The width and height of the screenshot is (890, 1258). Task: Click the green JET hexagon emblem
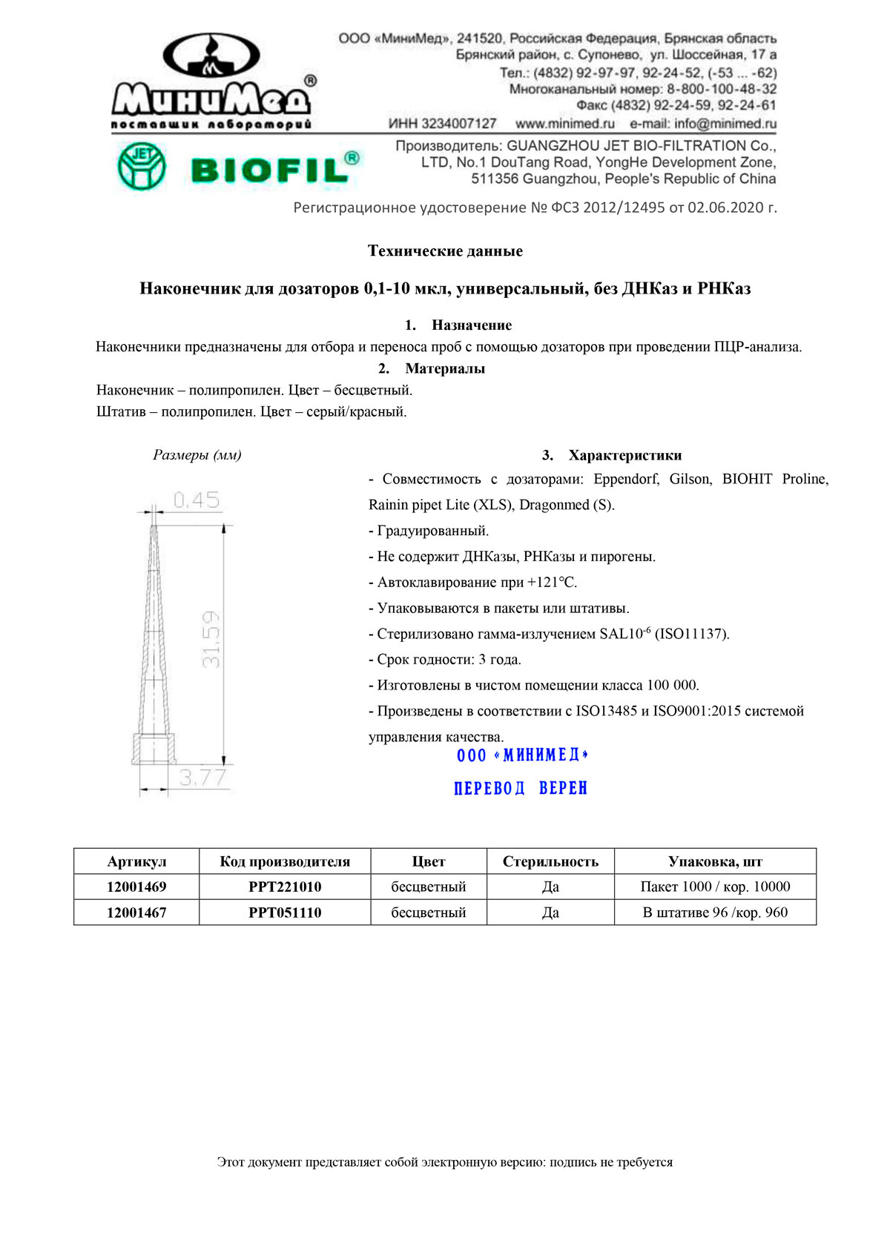142,166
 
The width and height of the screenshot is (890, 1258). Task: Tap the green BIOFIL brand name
274,168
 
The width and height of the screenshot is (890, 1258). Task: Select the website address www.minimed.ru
565,124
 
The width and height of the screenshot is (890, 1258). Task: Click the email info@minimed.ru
703,124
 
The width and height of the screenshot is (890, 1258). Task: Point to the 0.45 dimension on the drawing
197,500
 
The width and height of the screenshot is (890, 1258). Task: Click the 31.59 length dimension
211,639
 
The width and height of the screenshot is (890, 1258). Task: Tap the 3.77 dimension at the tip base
202,778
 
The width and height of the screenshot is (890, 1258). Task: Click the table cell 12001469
136,887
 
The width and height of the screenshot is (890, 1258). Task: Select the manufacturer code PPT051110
285,913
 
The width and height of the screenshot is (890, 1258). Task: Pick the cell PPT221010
285,887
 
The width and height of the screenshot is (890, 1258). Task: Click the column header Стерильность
550,861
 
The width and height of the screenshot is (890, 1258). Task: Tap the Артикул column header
136,861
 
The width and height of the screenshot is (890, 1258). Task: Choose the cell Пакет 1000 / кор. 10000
715,887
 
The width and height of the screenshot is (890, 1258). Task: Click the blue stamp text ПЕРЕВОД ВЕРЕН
521,788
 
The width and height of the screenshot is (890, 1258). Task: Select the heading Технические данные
445,251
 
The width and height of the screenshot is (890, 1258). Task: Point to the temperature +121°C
552,583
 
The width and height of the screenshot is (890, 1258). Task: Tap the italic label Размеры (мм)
197,454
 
